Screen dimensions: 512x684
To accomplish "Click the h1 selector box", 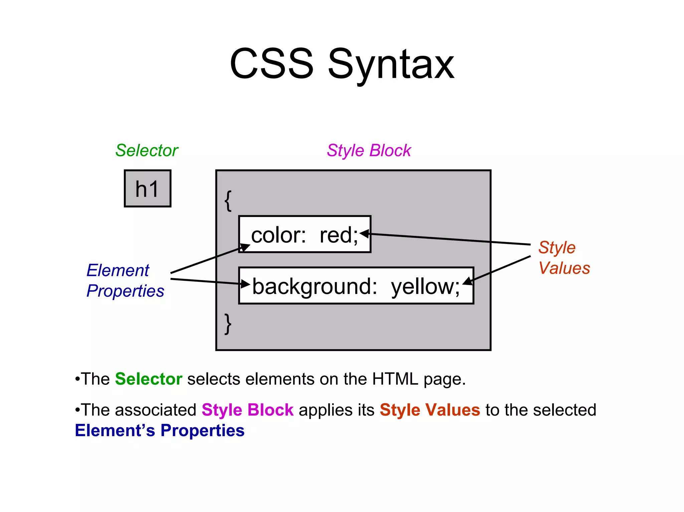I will click(x=147, y=189).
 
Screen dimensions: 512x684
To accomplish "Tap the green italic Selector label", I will click(x=147, y=151).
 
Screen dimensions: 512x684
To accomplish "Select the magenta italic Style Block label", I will click(x=369, y=151).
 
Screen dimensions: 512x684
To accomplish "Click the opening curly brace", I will click(x=228, y=201).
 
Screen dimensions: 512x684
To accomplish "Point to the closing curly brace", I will click(x=228, y=324).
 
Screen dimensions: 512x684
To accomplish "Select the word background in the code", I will click(x=314, y=286).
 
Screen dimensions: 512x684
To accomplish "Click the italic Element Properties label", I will click(x=125, y=280).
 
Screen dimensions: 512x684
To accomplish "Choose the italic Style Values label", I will click(x=564, y=258).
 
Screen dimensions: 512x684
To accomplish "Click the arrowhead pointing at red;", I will click(x=365, y=234).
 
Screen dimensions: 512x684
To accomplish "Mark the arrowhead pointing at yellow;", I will click(x=468, y=281).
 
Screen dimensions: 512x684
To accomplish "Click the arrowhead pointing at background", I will click(x=246, y=284).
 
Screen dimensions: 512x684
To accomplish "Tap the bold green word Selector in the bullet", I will click(x=149, y=379).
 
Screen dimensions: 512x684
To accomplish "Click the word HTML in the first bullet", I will click(x=395, y=379).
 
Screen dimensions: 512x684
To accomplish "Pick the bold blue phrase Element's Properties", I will click(x=160, y=431).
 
